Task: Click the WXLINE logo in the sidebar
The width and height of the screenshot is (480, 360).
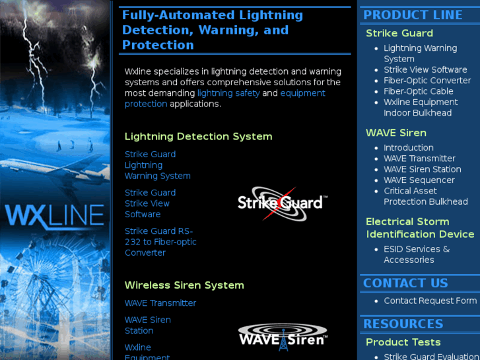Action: pos(55,217)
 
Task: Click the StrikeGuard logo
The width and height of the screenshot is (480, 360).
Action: pos(283,203)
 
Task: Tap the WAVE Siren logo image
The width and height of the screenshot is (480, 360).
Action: pos(283,337)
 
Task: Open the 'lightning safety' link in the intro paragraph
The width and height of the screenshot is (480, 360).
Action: pos(228,93)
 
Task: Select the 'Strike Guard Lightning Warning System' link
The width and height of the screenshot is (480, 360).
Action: pos(157,165)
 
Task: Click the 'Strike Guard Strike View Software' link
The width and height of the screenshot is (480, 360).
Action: pos(150,203)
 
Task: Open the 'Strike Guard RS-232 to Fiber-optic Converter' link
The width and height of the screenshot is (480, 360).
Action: pos(160,242)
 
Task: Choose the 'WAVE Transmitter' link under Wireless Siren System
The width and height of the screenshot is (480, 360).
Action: pos(160,303)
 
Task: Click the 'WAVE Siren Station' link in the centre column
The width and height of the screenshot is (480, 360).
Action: pos(147,325)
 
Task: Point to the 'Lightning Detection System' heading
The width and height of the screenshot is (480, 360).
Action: pos(198,136)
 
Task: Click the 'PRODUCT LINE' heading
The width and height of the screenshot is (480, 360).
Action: pos(413,15)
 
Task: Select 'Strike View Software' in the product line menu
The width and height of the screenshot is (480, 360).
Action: pos(425,70)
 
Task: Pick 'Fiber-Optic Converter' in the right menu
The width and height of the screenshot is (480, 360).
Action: pos(427,81)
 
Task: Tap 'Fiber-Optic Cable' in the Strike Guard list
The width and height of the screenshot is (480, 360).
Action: pos(419,91)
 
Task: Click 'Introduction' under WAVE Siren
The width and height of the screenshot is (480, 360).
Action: pos(409,148)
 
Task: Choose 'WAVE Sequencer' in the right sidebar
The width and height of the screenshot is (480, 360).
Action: pos(419,180)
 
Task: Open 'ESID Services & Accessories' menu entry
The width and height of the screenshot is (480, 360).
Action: pos(417,254)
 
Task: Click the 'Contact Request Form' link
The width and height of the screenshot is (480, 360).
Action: pos(430,301)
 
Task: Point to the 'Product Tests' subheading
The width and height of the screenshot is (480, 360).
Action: pos(403,342)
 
